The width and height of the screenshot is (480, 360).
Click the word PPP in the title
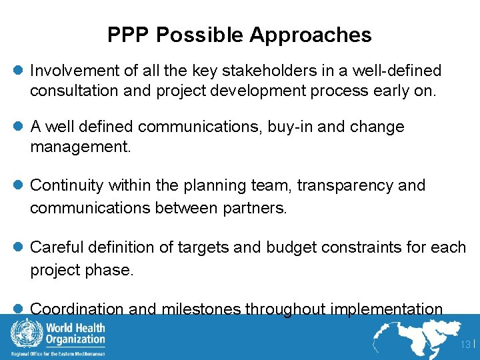(x=127, y=35)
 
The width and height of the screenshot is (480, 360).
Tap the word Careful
(x=57, y=247)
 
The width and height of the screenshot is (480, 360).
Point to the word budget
(x=290, y=247)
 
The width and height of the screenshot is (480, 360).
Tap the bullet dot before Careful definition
(x=19, y=247)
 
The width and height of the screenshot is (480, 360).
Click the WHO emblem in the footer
(x=23, y=333)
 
